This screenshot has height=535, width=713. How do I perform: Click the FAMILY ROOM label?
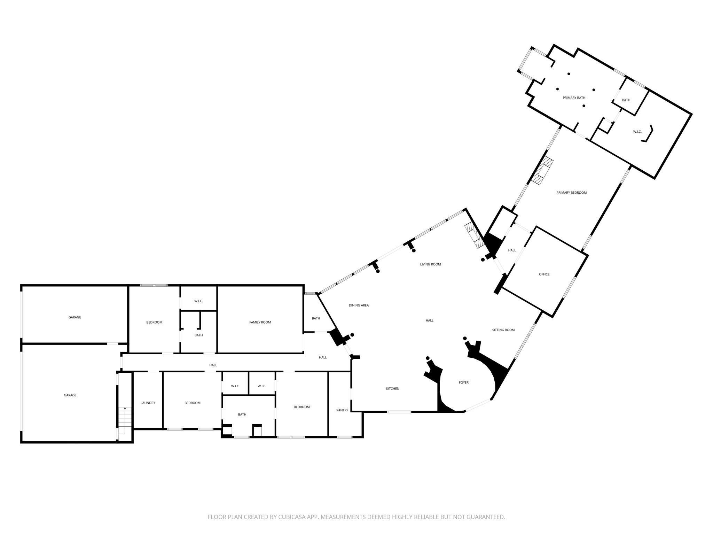click(260, 322)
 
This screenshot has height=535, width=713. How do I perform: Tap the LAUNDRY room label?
click(148, 403)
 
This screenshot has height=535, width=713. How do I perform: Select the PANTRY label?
click(342, 410)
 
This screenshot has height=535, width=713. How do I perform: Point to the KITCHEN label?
click(393, 389)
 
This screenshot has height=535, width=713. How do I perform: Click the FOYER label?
click(464, 383)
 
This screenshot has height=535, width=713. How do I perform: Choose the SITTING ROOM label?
click(503, 330)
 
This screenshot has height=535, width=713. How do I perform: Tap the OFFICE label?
click(544, 274)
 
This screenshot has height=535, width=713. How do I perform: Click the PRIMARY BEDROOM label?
click(572, 193)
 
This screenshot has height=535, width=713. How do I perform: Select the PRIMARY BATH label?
click(574, 98)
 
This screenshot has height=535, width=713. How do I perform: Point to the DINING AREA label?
click(359, 305)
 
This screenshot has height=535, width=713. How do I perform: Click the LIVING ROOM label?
click(431, 264)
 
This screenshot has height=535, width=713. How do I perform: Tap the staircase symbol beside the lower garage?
click(122, 420)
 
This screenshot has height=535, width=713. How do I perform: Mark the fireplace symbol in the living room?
click(473, 235)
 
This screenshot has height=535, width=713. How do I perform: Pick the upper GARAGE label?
click(75, 317)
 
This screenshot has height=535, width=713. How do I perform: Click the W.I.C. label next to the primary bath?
click(637, 132)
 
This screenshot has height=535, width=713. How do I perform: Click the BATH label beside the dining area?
click(316, 318)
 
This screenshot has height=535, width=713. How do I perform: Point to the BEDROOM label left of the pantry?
click(301, 407)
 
